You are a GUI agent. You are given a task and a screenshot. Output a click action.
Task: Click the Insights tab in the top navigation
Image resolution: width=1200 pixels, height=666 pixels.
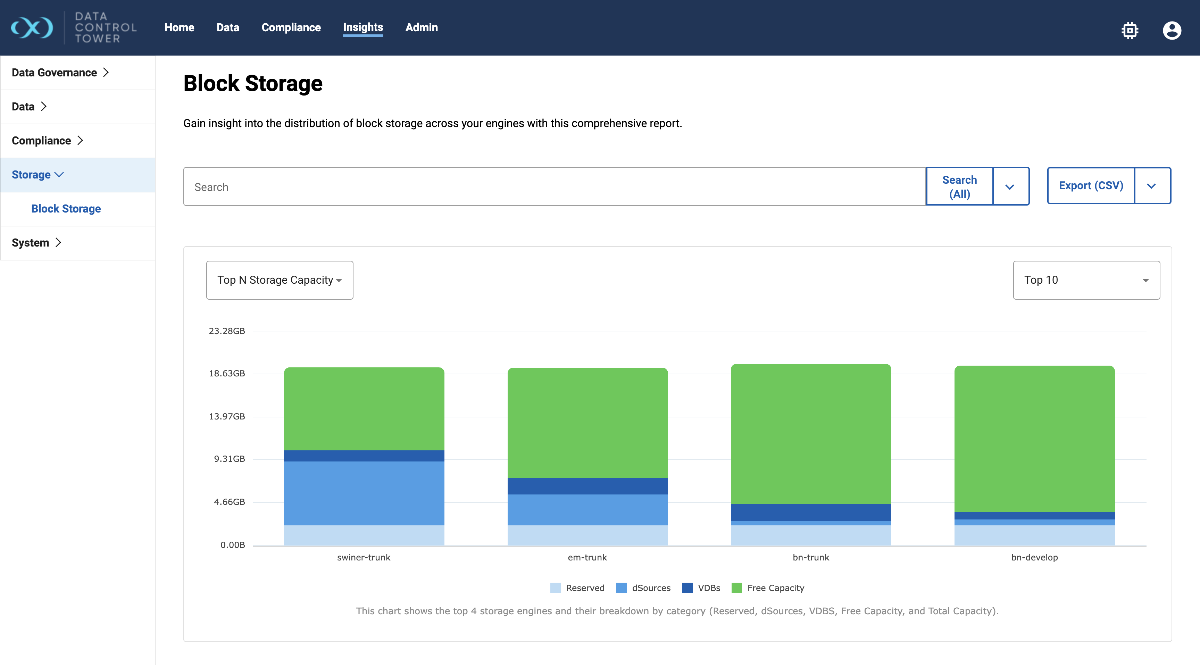click(363, 27)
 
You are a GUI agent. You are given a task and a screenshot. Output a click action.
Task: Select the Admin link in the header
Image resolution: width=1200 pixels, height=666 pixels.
click(421, 27)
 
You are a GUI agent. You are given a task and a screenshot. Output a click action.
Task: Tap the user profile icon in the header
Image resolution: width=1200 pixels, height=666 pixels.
click(1172, 31)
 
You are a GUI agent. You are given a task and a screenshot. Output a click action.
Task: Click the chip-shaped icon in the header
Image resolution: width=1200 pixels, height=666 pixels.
click(1130, 31)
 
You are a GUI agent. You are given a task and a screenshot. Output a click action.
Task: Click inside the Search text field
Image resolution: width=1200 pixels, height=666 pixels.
click(555, 187)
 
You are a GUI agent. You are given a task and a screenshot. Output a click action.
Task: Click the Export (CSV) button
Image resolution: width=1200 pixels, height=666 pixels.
click(1091, 185)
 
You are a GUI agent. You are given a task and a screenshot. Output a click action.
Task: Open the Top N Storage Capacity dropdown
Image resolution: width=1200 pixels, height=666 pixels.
click(280, 280)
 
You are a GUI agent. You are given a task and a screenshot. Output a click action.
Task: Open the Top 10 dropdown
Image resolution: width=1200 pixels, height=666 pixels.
click(1086, 280)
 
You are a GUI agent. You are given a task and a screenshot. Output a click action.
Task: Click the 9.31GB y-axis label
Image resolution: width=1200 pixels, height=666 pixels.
click(229, 459)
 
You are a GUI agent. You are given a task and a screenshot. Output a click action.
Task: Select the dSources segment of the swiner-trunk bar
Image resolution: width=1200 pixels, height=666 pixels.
click(364, 493)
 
